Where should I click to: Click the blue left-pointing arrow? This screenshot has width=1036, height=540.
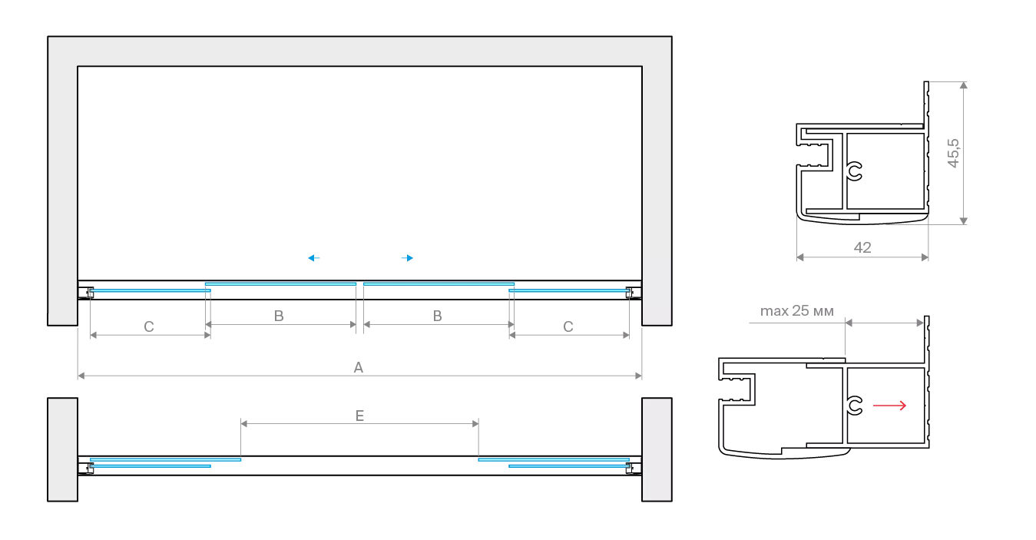[316, 258]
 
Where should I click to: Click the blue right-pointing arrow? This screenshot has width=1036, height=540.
[409, 258]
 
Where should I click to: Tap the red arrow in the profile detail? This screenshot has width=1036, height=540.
[891, 406]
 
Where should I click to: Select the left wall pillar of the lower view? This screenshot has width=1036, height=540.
[61, 449]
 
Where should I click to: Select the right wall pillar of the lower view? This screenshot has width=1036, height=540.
[657, 449]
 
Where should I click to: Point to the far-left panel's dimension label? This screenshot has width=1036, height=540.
[147, 326]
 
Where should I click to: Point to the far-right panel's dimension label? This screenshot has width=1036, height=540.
[568, 326]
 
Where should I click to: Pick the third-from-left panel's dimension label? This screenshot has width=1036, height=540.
[436, 313]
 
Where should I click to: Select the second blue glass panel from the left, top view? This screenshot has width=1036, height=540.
[281, 285]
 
